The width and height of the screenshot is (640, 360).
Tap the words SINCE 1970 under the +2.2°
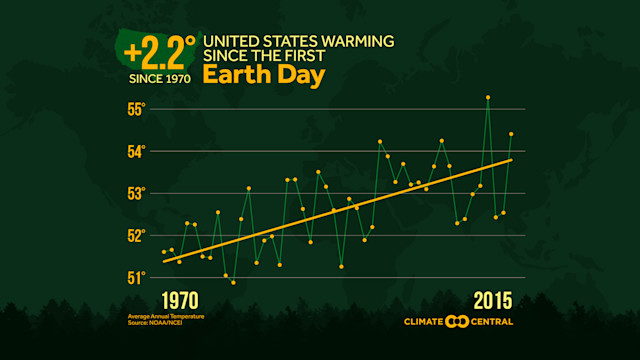tap(157, 76)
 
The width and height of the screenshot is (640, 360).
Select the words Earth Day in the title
tap(255, 75)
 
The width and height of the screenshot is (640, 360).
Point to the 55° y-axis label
tap(136, 109)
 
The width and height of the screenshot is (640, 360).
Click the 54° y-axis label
tap(136, 151)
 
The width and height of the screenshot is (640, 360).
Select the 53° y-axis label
tap(136, 193)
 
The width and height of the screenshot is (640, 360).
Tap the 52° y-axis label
tap(136, 235)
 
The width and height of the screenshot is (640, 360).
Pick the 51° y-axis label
tap(136, 277)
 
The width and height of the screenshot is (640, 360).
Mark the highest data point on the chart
tap(488, 97)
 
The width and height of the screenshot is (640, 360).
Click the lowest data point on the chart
tap(233, 282)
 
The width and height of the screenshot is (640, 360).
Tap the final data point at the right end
tap(511, 133)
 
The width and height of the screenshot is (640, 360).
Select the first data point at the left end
tap(164, 252)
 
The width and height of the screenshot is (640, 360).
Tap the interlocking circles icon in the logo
tap(457, 321)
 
